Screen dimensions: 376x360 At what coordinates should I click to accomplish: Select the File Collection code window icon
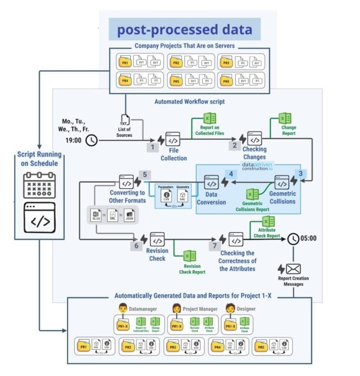click(x=173, y=139)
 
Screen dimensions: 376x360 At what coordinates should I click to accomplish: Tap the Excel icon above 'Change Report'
click(x=285, y=119)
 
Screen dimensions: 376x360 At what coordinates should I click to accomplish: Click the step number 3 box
click(x=300, y=173)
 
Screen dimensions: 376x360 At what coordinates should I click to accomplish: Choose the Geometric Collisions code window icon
click(x=281, y=183)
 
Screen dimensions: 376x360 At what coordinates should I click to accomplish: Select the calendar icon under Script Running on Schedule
click(x=38, y=185)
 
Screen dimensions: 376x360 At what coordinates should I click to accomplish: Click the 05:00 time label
click(x=309, y=238)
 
